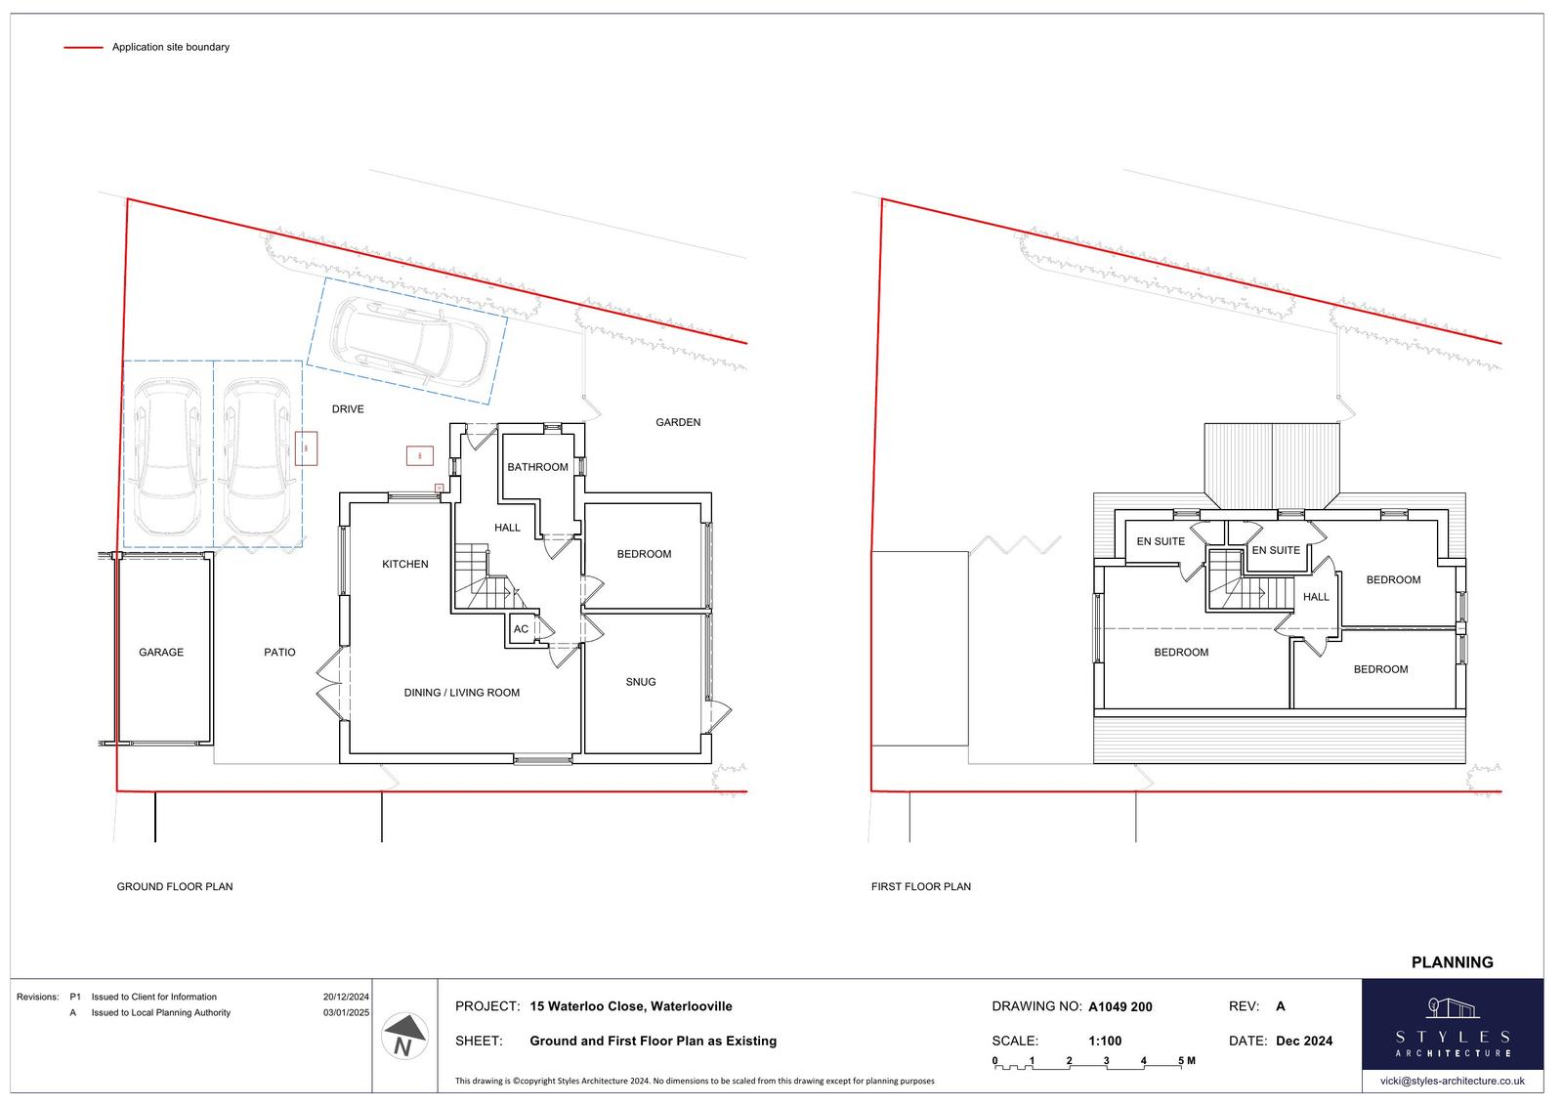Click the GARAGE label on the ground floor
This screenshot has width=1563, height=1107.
pos(161,653)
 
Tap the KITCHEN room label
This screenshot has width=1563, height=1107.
pos(405,564)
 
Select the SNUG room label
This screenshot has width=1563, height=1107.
pos(641,682)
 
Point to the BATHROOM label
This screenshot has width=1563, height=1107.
pos(537,467)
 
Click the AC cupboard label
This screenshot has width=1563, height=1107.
pos(522,629)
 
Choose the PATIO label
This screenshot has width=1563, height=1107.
pos(279,653)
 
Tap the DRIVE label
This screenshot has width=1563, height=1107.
pos(348,409)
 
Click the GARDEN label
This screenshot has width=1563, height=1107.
pos(678,422)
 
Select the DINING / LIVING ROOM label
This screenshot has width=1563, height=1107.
pos(462,693)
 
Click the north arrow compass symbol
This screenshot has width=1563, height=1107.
pos(404,1036)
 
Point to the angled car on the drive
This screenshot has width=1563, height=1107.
pos(409,342)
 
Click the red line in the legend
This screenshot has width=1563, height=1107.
pos(84,48)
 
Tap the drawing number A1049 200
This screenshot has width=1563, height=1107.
pos(1120,1006)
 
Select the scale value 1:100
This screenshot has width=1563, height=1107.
pos(1105,1041)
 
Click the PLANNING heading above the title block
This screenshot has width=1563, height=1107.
pos(1452,962)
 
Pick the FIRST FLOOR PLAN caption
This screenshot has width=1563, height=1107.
pos(921,886)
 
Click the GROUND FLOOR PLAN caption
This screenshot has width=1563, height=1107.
pos(175,886)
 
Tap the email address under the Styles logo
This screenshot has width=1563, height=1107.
pos(1452,1081)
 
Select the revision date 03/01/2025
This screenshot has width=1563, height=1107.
pos(346,1013)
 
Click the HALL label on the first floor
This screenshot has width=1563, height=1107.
pos(1316,597)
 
